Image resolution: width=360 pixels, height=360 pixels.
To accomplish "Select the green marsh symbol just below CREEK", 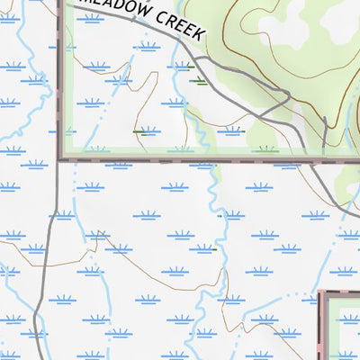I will click(x=197, y=81).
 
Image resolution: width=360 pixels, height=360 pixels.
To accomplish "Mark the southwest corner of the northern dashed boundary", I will click(x=61, y=160).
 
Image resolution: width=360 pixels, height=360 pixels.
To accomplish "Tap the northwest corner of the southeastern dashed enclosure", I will click(x=321, y=292).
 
